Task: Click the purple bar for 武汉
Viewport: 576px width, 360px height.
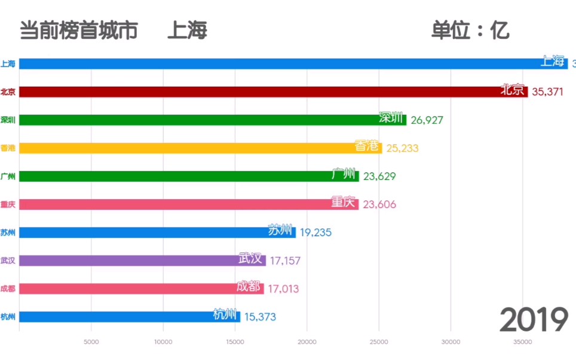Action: tap(142, 260)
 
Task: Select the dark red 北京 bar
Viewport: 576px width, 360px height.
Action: tap(273, 91)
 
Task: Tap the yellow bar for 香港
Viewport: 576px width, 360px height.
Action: tap(200, 148)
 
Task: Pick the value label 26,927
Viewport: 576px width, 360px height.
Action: tap(427, 120)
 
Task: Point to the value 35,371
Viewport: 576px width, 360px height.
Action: tap(547, 91)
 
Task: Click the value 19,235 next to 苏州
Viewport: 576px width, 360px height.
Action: tap(315, 232)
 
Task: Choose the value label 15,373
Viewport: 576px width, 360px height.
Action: tap(260, 317)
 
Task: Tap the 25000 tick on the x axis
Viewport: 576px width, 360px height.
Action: tap(379, 342)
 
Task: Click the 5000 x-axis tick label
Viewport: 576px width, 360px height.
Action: tap(91, 342)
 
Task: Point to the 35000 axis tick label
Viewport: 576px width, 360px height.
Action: tap(522, 342)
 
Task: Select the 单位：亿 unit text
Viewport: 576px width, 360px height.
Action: tap(470, 30)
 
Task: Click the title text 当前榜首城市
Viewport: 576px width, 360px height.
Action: tap(78, 30)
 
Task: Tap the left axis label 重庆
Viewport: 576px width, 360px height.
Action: tap(8, 204)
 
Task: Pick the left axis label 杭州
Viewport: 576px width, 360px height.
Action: tap(8, 317)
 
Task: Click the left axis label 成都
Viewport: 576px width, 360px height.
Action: tap(8, 288)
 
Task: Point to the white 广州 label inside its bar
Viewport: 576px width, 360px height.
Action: tap(344, 175)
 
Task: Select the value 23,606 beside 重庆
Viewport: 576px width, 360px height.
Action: tap(379, 205)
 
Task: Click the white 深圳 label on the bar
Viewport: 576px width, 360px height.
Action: tap(391, 118)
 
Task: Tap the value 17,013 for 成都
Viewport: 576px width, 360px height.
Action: tap(283, 289)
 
